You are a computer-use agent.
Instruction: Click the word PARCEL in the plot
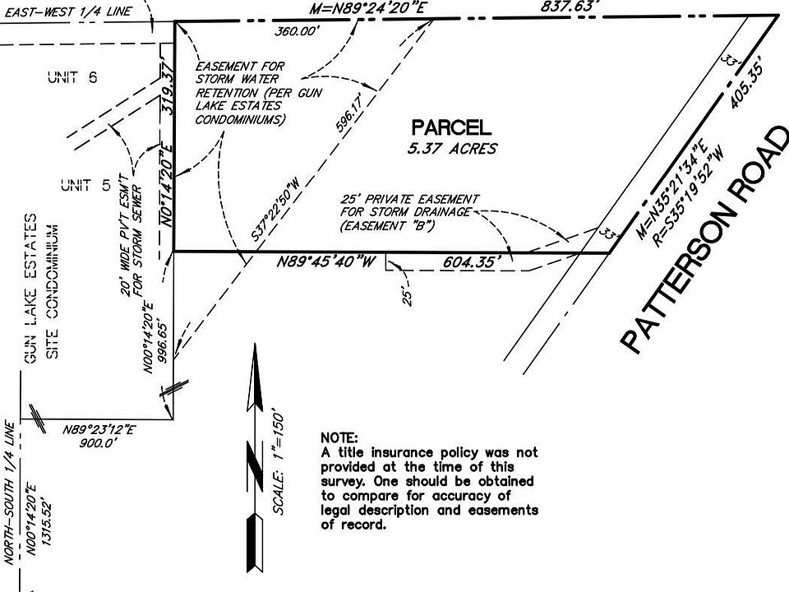click(451, 127)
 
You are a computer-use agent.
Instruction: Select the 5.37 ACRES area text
click(451, 148)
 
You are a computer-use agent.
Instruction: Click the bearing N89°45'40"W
click(326, 262)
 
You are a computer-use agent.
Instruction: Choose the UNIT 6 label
click(72, 77)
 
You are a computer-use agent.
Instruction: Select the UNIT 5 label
click(85, 186)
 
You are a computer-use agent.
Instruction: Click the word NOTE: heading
click(339, 437)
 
